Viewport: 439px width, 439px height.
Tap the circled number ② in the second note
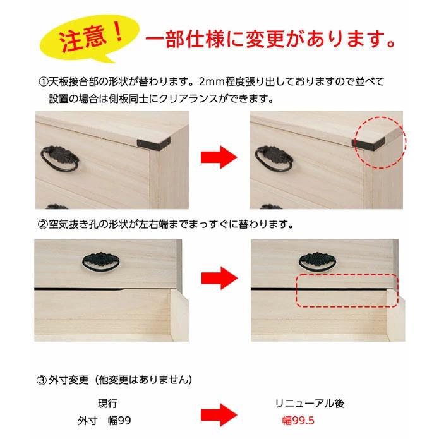[x=43, y=224]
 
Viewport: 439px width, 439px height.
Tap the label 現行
[x=107, y=402]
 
